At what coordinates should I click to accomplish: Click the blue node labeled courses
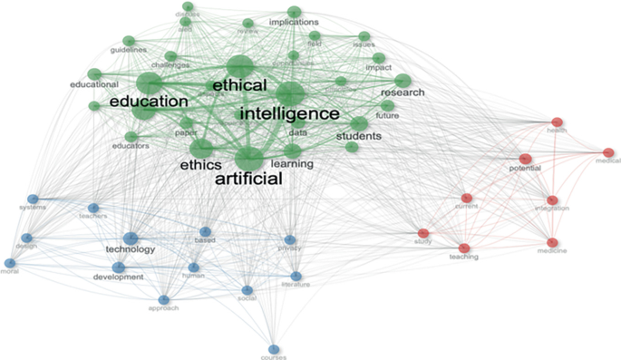click(x=273, y=349)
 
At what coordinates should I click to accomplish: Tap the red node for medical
click(x=608, y=152)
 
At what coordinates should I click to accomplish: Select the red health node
click(x=558, y=122)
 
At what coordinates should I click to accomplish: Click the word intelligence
click(x=288, y=115)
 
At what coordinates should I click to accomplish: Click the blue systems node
click(x=33, y=199)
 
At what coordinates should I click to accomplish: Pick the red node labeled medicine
click(x=552, y=242)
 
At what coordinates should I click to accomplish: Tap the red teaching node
click(x=464, y=248)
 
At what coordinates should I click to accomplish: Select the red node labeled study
click(x=422, y=233)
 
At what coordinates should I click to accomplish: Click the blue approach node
click(x=164, y=299)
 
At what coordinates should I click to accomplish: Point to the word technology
click(x=131, y=249)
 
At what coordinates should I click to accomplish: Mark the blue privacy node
click(x=290, y=239)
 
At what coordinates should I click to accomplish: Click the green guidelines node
click(x=129, y=41)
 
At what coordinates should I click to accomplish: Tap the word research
click(x=403, y=93)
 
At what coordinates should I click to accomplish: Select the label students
click(x=359, y=137)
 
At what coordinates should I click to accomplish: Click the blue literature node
click(x=296, y=276)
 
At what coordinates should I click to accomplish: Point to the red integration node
click(x=552, y=199)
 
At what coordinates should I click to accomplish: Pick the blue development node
click(x=119, y=267)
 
